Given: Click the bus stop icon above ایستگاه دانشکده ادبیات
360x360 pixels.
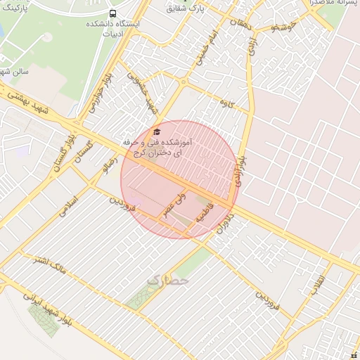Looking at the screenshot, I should point(113,13).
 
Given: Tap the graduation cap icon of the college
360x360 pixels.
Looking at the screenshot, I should point(157,131).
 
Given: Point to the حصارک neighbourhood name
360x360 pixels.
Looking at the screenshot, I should point(168,281).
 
